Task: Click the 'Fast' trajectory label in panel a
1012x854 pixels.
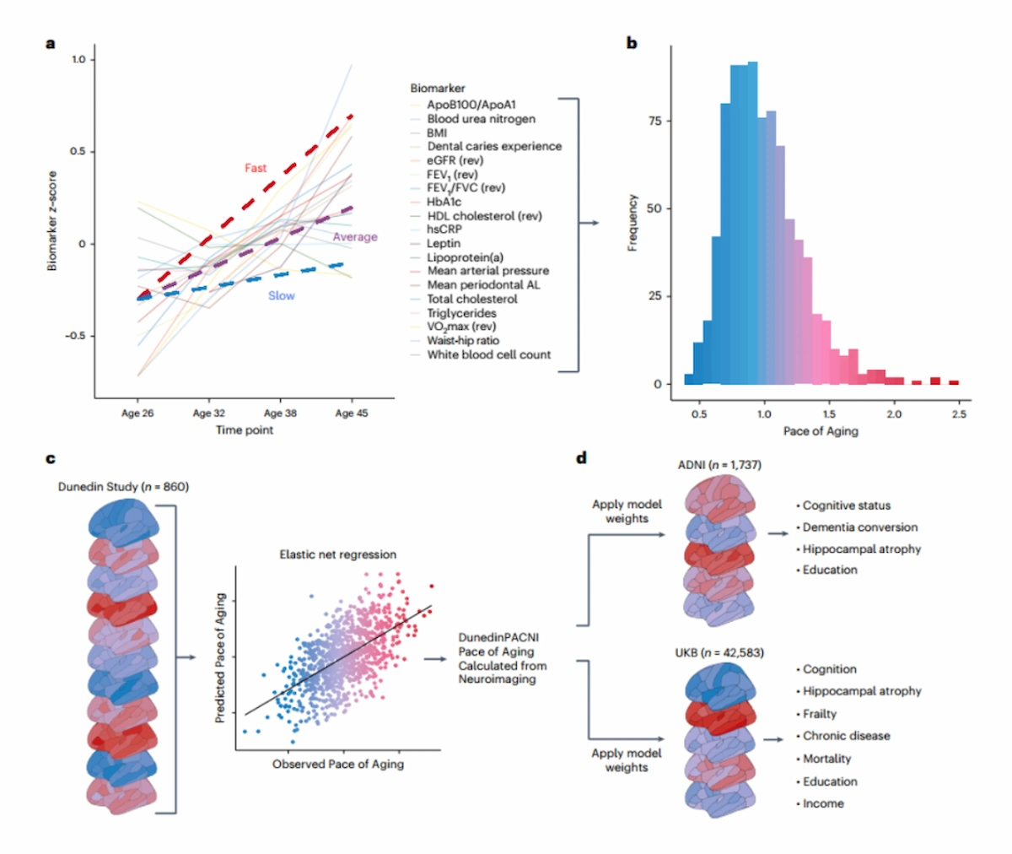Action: (256, 168)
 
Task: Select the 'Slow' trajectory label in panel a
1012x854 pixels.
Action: (281, 295)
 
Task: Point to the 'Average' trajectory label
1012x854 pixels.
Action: (355, 236)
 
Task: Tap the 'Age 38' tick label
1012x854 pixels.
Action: (280, 413)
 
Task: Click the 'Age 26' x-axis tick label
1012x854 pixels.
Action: (137, 413)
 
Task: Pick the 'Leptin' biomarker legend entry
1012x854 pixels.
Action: (444, 243)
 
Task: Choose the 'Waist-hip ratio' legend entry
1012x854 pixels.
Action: (463, 340)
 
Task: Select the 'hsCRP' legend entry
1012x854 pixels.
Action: (444, 229)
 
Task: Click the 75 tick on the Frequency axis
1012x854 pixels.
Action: (654, 121)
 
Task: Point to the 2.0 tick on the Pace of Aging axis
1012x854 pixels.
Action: (894, 414)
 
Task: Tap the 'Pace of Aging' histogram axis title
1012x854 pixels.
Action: (821, 431)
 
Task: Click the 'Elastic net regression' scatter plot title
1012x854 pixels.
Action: (338, 554)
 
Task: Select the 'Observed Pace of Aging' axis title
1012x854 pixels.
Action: (338, 765)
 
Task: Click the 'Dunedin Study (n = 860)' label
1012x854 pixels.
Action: (123, 487)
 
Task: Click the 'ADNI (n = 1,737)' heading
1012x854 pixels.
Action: (719, 465)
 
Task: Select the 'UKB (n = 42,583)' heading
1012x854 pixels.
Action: (719, 653)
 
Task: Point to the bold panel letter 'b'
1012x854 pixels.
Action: (632, 43)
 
